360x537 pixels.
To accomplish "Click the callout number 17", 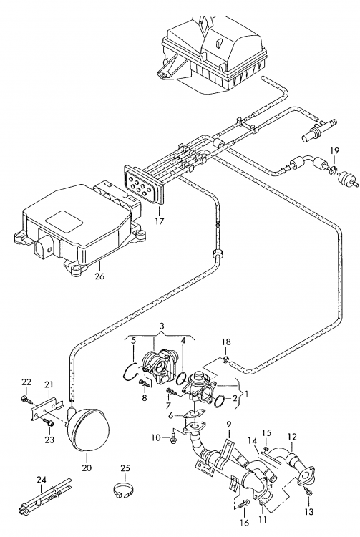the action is [x=160, y=221].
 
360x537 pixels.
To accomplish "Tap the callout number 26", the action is [x=99, y=276].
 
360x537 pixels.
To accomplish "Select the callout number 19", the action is [x=335, y=150].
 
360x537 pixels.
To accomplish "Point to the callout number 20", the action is [x=87, y=467].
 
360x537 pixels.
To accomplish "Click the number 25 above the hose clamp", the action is [x=125, y=468].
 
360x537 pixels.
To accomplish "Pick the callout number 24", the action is [x=41, y=480].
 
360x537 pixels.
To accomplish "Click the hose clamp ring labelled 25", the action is [x=123, y=490].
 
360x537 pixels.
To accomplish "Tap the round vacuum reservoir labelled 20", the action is [x=88, y=429].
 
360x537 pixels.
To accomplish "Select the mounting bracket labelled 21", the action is [x=46, y=409].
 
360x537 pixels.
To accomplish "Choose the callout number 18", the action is [x=226, y=342].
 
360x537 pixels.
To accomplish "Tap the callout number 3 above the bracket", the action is [x=162, y=325].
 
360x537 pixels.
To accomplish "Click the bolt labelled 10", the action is [x=173, y=437].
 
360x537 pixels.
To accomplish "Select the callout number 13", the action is [x=308, y=512].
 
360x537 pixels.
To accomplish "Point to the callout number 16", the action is [x=245, y=523].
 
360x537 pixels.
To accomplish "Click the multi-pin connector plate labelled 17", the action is [x=145, y=183].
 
